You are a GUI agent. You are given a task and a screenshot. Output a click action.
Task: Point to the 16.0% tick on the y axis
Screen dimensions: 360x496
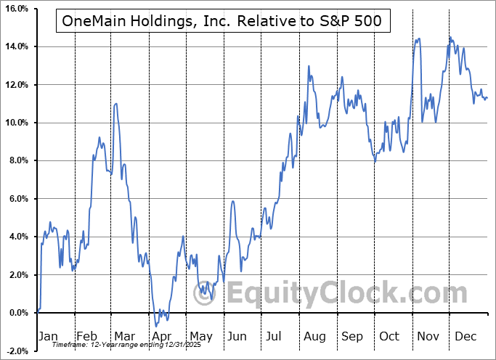(15, 9)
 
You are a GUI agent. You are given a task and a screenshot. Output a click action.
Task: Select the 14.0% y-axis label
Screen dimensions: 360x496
(15, 46)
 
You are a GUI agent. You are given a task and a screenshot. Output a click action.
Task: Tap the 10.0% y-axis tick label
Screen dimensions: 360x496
(15, 123)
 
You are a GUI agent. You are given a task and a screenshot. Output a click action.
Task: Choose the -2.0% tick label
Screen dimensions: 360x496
(16, 351)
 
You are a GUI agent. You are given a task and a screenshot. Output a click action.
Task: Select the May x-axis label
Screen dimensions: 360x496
(200, 336)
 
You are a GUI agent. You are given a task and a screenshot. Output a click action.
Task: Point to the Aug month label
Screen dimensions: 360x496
(314, 336)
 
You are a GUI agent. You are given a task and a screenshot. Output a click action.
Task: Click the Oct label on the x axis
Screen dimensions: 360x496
(389, 336)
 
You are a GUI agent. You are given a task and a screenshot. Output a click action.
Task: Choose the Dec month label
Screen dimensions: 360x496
(465, 336)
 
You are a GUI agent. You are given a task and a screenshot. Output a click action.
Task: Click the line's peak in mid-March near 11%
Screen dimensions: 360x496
(116, 104)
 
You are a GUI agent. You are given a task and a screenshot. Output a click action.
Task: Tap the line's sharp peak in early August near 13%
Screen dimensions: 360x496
(309, 66)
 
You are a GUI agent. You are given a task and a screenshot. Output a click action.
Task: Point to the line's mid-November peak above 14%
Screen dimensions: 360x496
(418, 38)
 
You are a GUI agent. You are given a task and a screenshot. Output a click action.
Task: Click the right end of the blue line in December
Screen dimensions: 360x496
(487, 98)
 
